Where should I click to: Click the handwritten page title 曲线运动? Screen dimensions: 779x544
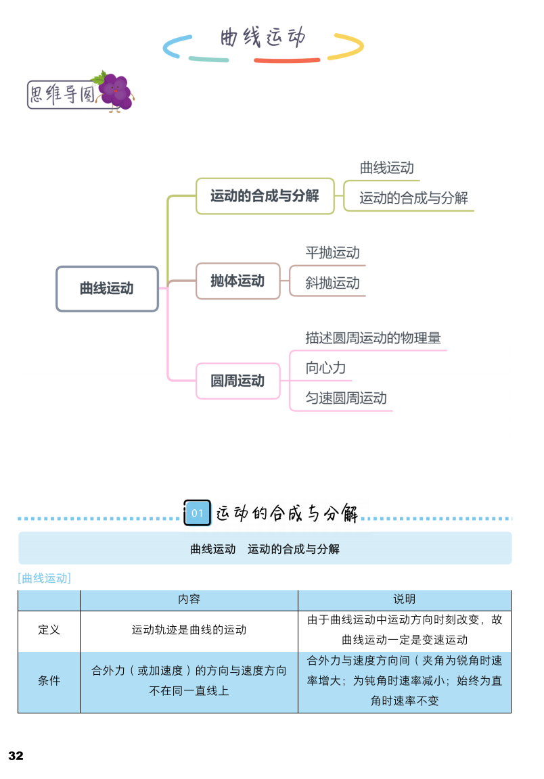click(x=263, y=37)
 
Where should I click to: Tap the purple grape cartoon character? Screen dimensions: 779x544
click(x=116, y=91)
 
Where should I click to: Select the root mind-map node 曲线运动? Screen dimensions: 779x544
click(x=107, y=289)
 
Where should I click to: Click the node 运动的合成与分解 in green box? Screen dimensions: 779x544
click(x=265, y=196)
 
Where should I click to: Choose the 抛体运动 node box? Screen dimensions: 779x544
click(x=237, y=281)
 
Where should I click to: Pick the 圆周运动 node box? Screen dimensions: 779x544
click(x=237, y=381)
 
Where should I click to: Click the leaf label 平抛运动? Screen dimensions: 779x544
click(x=332, y=253)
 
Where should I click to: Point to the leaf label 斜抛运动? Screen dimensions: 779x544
click(x=332, y=283)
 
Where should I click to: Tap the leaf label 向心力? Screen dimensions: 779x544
click(x=325, y=368)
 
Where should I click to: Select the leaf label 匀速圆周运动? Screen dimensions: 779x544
click(x=346, y=398)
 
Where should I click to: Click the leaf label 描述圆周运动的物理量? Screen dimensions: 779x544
click(x=373, y=337)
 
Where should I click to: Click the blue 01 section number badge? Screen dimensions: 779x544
click(x=198, y=513)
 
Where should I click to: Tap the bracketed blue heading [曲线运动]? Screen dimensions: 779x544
click(x=45, y=578)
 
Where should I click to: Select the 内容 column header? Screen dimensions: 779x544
click(x=189, y=600)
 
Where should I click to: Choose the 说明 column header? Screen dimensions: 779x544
click(x=404, y=600)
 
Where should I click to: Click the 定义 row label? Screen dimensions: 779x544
click(x=49, y=630)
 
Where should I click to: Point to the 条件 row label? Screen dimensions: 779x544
click(x=49, y=681)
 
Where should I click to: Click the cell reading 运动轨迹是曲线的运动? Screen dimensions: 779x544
click(x=189, y=630)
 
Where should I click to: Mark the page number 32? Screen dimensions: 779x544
click(x=16, y=756)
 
